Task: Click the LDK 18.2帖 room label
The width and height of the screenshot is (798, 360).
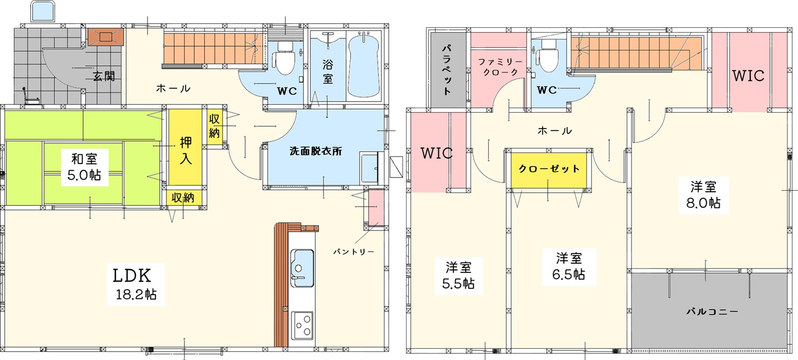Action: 135,285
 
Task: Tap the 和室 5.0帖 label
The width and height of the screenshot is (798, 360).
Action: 84,166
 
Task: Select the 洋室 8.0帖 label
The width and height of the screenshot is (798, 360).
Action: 704,195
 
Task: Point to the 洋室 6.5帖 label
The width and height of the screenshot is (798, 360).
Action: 569,266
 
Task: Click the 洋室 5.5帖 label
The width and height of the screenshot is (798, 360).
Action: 458,275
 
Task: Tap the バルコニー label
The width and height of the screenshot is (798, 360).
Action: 712,312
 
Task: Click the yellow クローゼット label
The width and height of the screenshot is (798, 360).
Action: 549,169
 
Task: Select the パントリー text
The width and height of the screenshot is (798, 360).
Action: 353,252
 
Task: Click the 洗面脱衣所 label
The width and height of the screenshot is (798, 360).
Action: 316,151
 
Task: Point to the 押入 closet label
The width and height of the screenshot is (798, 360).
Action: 185,151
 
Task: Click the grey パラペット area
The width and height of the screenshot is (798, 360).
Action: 448,70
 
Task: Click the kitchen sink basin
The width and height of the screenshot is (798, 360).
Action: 302,267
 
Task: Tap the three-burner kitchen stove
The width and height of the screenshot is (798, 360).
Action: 302,326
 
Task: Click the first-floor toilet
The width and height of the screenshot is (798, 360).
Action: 285,58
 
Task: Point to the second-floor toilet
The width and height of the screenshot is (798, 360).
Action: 547,56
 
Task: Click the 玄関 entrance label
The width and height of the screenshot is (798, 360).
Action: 104,76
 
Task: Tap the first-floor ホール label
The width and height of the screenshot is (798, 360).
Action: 173,88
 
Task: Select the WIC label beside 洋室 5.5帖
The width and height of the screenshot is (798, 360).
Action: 436,153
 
